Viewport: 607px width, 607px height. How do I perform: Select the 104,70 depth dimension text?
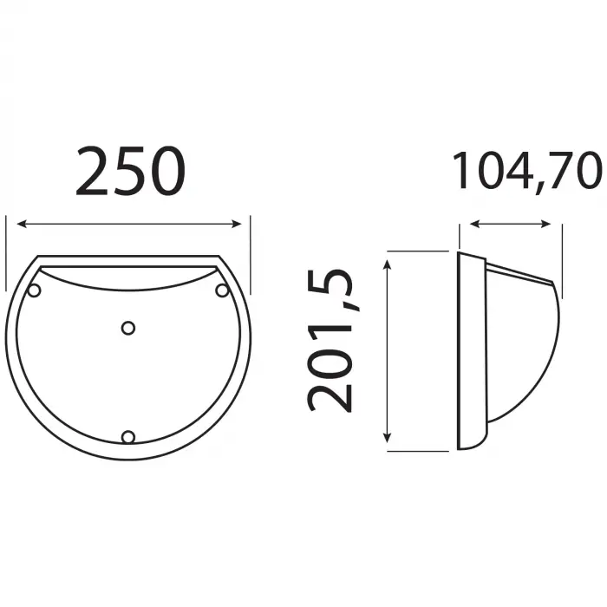pyautogui.click(x=526, y=171)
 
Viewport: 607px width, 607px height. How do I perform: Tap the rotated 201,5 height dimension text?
pyautogui.click(x=330, y=340)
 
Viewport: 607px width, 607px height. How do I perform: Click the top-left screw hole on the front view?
pyautogui.click(x=34, y=290)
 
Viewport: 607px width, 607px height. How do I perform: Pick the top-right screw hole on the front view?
pyautogui.click(x=222, y=289)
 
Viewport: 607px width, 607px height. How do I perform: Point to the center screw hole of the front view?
pyautogui.click(x=128, y=328)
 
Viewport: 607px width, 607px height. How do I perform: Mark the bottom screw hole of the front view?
pyautogui.click(x=128, y=437)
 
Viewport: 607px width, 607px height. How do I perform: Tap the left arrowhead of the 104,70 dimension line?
pyautogui.click(x=474, y=225)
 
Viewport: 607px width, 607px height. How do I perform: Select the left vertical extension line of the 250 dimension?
pyautogui.click(x=6, y=251)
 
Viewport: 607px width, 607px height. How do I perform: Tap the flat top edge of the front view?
pyautogui.click(x=128, y=257)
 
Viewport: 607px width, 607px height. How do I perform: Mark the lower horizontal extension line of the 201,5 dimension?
pyautogui.click(x=416, y=450)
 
